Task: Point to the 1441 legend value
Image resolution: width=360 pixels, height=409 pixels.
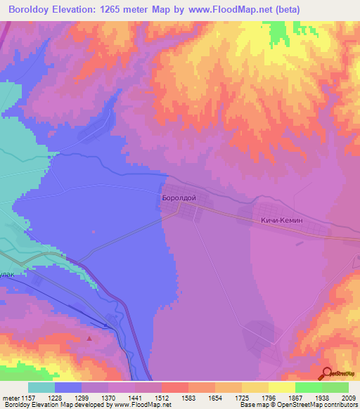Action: click(x=135, y=398)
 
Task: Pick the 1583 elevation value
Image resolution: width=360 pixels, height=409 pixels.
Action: click(x=188, y=398)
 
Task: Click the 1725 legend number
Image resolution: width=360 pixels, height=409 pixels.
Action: click(x=241, y=398)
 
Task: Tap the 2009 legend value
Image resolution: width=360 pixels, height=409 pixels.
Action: click(x=347, y=398)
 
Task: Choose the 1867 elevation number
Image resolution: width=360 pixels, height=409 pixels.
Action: click(x=295, y=398)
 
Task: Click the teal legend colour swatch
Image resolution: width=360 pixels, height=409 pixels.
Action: click(x=41, y=387)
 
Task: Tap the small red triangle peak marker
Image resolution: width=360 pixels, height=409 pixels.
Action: click(x=89, y=339)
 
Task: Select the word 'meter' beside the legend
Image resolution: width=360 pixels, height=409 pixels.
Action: click(x=11, y=398)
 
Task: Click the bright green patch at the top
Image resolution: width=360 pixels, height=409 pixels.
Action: click(x=278, y=31)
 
